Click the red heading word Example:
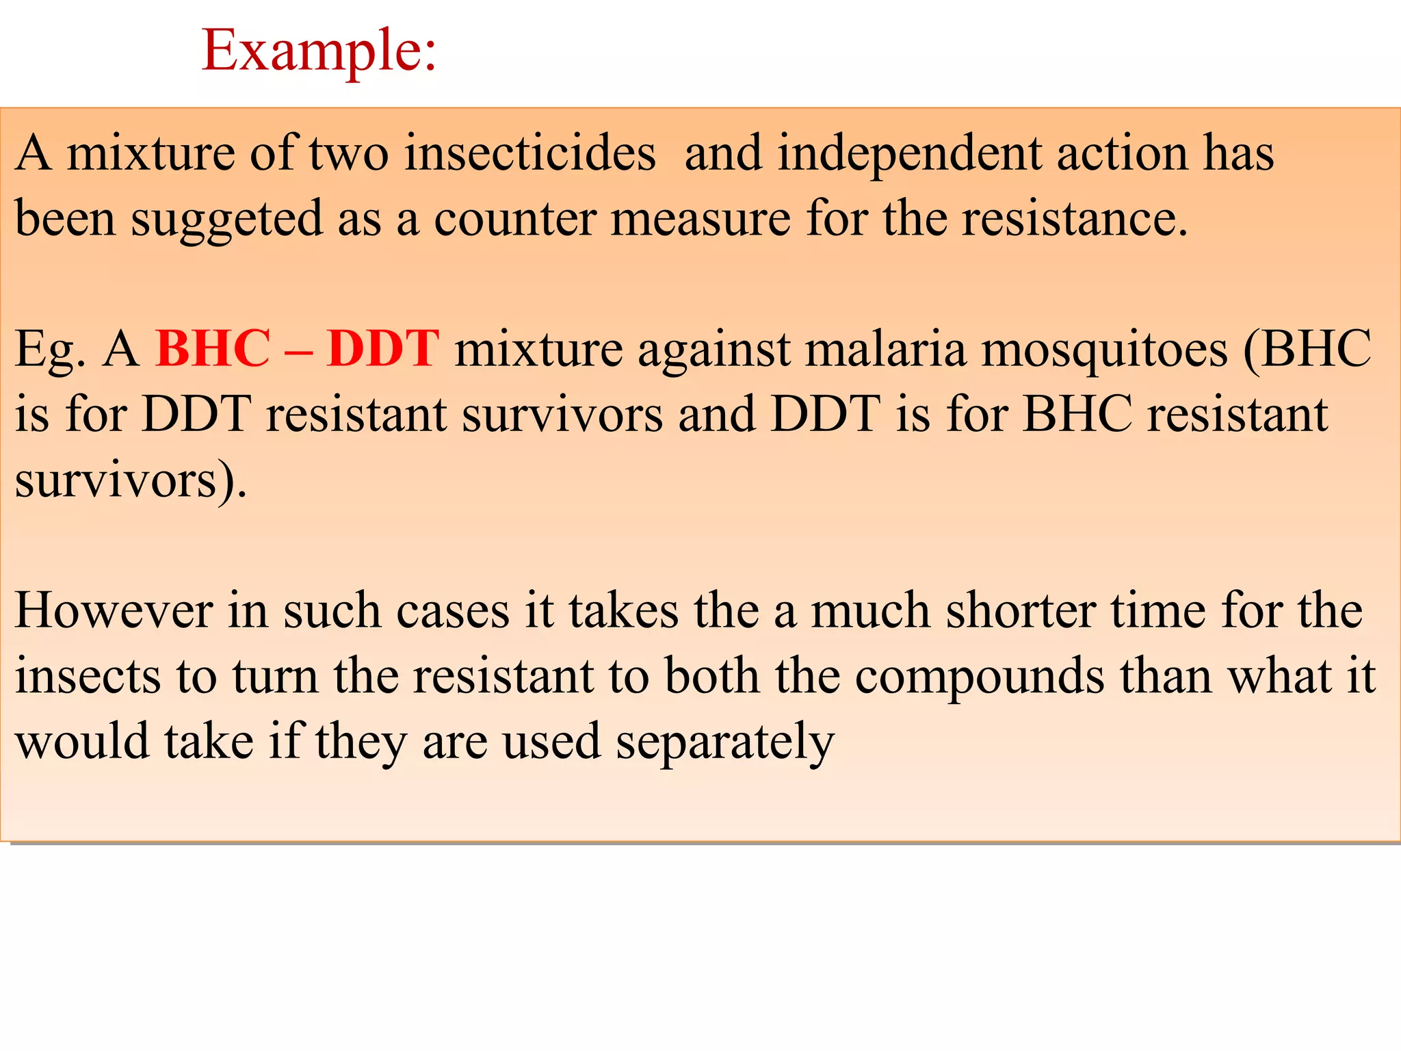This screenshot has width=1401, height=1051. (319, 51)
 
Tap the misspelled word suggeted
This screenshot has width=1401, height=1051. (226, 219)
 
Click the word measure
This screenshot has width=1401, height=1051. (700, 219)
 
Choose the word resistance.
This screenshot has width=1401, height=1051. (1075, 219)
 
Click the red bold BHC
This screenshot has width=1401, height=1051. (213, 349)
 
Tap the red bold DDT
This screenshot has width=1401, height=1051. (382, 349)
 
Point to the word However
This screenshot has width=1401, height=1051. (114, 610)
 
